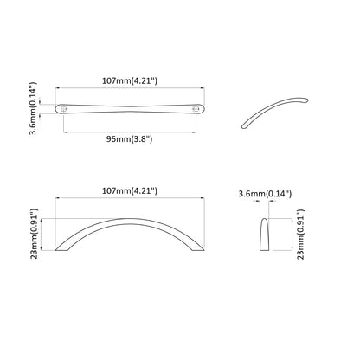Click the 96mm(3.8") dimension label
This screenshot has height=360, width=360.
pos(132,137)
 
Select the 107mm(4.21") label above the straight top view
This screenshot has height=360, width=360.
pos(132,81)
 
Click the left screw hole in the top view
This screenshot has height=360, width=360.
pos(66,109)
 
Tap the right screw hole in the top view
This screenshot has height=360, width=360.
pos(197,109)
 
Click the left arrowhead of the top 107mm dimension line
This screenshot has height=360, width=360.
pos(59,88)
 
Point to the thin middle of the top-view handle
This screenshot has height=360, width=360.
pos(132,109)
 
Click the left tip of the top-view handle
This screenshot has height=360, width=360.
pos(59,109)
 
